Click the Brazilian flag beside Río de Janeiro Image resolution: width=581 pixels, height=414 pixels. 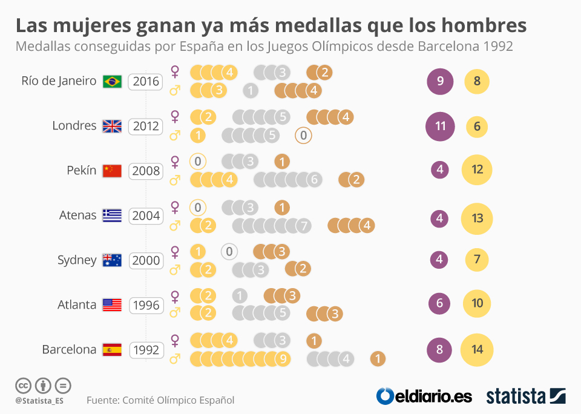click(x=112, y=81)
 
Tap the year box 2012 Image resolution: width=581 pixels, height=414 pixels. click(x=146, y=126)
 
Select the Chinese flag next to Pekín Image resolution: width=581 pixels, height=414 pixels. click(x=112, y=171)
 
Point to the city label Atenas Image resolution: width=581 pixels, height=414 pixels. click(x=77, y=215)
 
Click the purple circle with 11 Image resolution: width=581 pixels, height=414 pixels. click(x=440, y=126)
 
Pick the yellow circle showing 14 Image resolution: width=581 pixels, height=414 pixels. click(x=477, y=349)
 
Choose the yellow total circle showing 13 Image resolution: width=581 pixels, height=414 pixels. click(x=477, y=218)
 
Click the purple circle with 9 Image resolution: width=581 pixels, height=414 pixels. click(x=440, y=81)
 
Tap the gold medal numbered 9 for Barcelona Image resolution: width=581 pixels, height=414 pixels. click(x=282, y=358)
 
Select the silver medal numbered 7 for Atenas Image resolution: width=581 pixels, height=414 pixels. click(x=305, y=226)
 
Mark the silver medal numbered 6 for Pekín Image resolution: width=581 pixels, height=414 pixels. click(x=313, y=179)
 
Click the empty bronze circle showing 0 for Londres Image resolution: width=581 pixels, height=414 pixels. click(x=304, y=136)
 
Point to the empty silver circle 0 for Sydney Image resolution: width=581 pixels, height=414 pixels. click(x=229, y=251)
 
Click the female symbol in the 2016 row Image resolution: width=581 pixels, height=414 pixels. click(x=175, y=71)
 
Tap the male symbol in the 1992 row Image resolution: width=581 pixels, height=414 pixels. click(x=175, y=359)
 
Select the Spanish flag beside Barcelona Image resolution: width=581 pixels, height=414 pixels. click(x=112, y=349)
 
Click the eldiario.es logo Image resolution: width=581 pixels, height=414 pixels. click(x=424, y=396)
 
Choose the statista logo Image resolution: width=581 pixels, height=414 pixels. click(x=526, y=396)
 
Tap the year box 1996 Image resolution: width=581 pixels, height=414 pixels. click(x=146, y=305)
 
